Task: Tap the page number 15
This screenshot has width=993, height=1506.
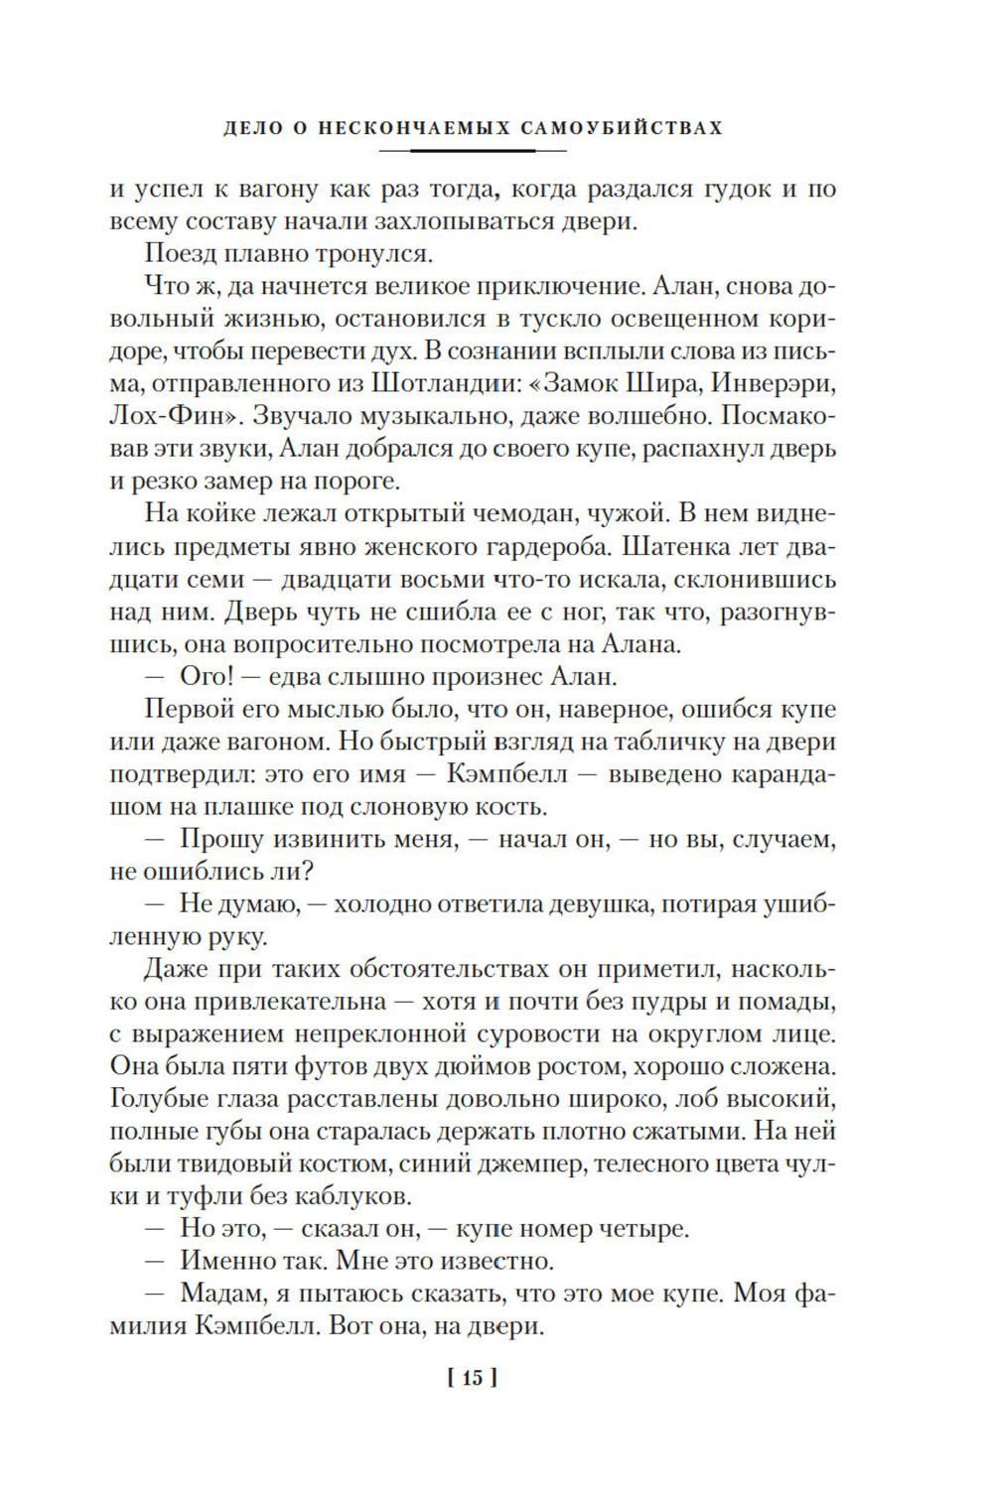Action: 472,1378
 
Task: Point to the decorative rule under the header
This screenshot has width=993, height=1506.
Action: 473,150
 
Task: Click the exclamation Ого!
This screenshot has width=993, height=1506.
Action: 205,678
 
